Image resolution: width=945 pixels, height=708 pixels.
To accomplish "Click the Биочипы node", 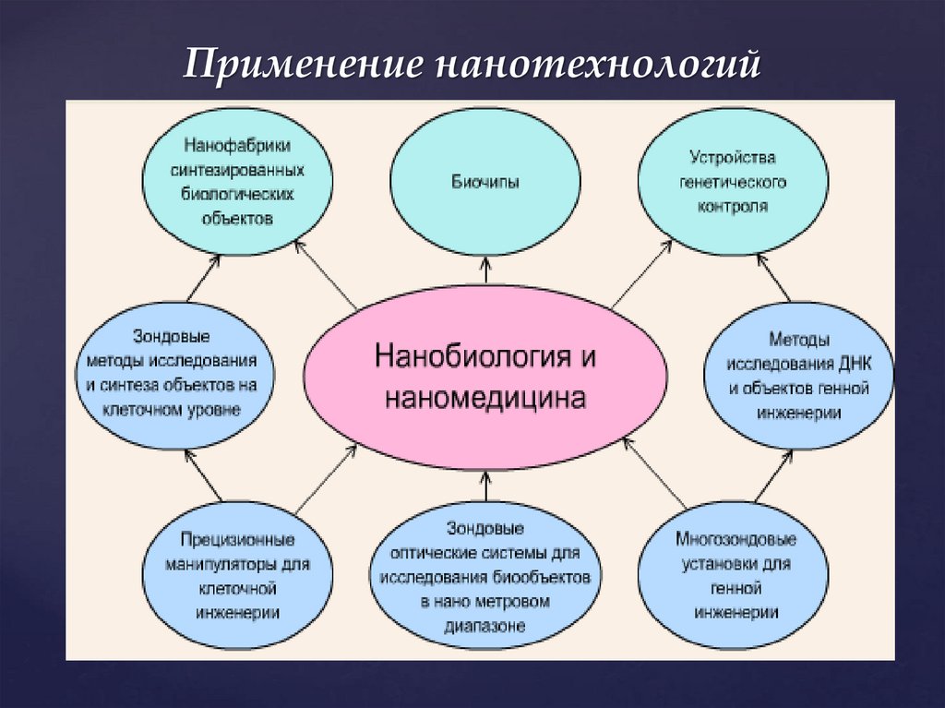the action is click(x=485, y=183).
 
